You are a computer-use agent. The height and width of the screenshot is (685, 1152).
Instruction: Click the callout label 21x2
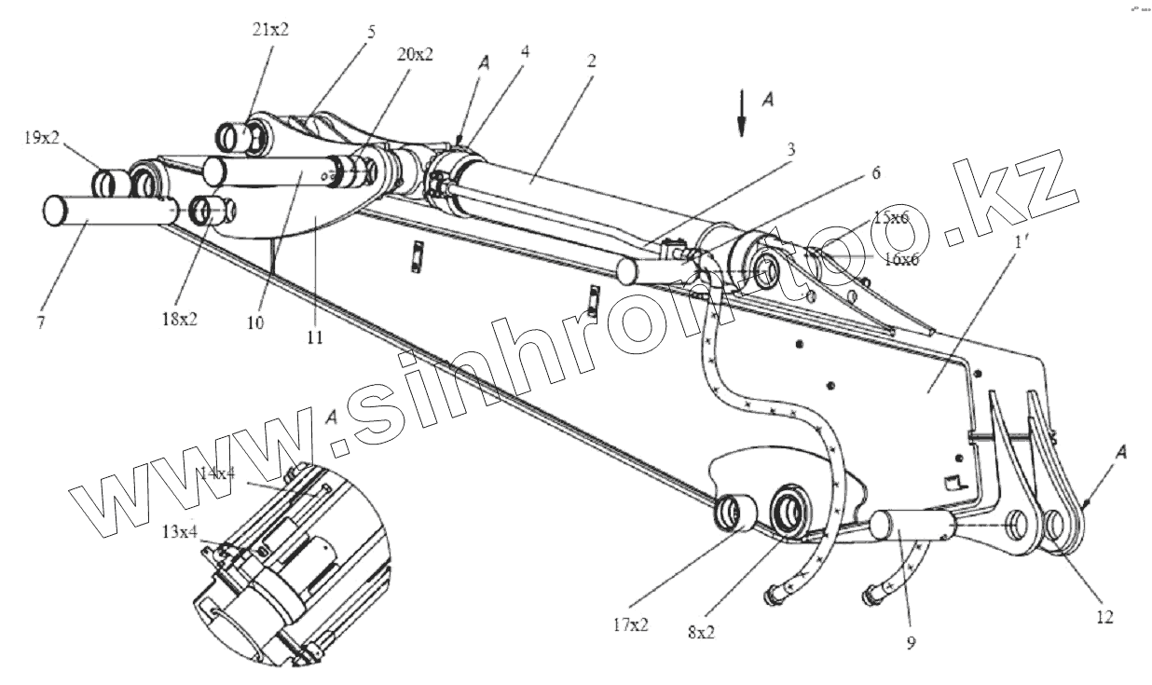271,29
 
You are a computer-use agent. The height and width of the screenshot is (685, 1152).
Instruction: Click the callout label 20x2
415,55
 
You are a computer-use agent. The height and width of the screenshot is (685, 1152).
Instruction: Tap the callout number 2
591,61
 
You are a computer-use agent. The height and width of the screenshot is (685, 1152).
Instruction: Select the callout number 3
791,149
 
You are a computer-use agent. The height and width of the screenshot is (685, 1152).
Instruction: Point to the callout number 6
876,172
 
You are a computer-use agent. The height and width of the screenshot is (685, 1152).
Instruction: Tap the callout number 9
910,641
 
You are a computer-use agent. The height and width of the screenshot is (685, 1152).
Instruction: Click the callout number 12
1104,616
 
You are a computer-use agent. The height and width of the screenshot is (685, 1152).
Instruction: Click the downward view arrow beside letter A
742,116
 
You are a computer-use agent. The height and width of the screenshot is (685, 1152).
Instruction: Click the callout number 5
371,32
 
